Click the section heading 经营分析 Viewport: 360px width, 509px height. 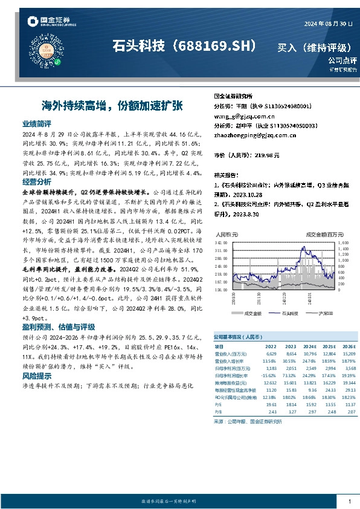click(x=36, y=181)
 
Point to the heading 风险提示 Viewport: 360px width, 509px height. click(x=36, y=375)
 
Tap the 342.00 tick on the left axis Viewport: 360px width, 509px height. click(x=221, y=242)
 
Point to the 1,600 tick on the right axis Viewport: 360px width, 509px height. click(x=327, y=242)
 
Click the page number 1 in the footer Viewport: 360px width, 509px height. click(x=350, y=501)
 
